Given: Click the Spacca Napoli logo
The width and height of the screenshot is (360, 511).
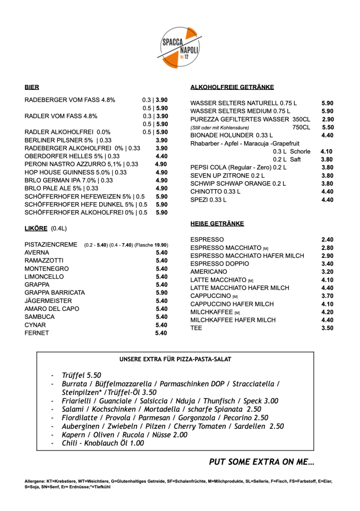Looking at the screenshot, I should tap(180, 48).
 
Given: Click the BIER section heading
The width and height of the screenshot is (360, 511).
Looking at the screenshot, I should tap(32, 87).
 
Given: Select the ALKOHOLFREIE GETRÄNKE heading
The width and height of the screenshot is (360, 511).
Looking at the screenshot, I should tap(232, 87).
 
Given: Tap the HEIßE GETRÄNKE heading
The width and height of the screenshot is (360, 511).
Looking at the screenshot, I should tap(217, 224).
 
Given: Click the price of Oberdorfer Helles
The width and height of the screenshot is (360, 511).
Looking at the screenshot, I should tap(162, 156).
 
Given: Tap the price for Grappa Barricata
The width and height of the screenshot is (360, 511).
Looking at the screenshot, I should tap(162, 292).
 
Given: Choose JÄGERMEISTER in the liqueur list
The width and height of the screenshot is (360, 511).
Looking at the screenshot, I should tap(48, 300).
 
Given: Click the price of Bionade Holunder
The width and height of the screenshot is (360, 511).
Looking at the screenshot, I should tap(327, 135).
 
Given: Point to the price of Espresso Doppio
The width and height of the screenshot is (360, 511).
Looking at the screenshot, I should tap(327, 263).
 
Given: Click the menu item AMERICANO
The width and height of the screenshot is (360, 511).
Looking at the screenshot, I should tap(208, 271).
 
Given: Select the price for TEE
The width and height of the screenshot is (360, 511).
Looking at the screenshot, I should tap(327, 328).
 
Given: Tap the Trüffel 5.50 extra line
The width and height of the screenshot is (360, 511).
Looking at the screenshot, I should tap(81, 375).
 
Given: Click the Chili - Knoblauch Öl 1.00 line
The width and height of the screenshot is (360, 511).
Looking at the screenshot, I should tap(103, 443).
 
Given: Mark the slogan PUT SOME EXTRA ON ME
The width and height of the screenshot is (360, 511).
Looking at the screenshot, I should tap(261, 462).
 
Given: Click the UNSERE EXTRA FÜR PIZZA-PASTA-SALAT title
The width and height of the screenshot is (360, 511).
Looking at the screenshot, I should tap(175, 359).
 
